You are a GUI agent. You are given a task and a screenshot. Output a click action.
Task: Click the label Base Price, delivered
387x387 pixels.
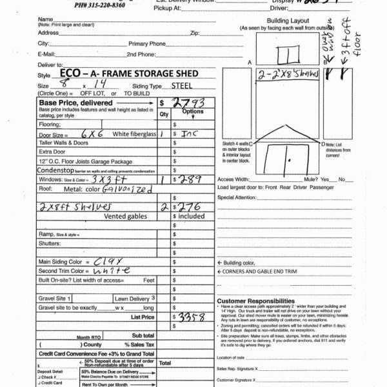[x=67, y=103]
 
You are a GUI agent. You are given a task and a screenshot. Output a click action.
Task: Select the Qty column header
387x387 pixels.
[x=164, y=114]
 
